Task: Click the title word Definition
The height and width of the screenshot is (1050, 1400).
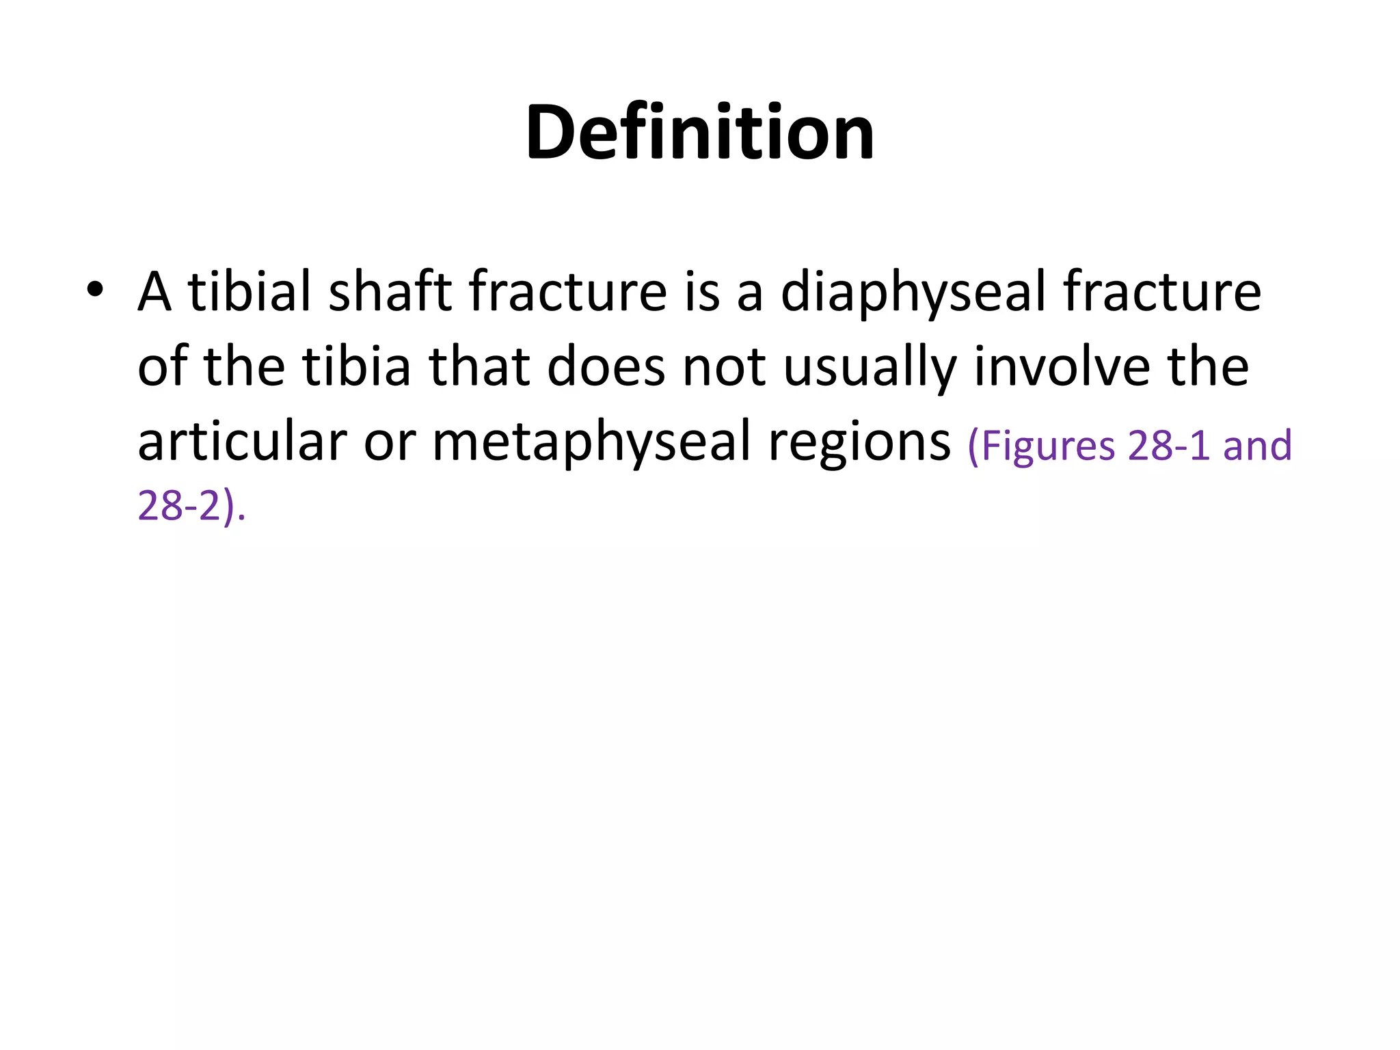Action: coord(699,132)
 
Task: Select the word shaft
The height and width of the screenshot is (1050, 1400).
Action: coord(390,291)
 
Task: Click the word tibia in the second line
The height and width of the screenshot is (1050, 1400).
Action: coord(357,366)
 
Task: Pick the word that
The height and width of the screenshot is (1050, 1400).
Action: coord(479,366)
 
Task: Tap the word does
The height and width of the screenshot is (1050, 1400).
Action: coord(606,366)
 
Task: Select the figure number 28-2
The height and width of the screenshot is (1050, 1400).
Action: coord(179,507)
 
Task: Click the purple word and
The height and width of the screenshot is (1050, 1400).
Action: coord(1257,446)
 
